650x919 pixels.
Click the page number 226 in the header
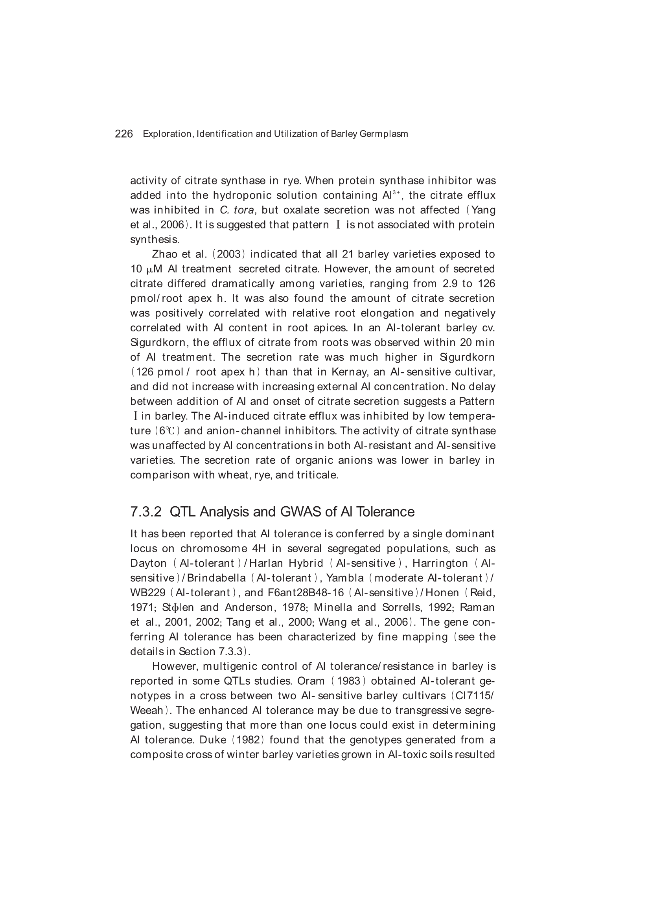(x=124, y=134)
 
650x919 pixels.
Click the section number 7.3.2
(x=146, y=512)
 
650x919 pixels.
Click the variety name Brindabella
(x=216, y=578)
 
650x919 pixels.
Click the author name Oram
(x=310, y=681)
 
